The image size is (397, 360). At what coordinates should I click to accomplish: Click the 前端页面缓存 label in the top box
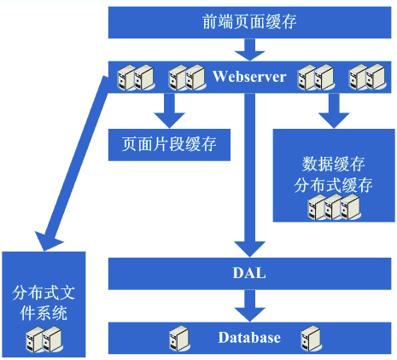(249, 22)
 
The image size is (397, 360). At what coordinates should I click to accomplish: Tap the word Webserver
(249, 77)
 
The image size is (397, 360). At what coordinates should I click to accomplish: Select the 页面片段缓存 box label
(169, 144)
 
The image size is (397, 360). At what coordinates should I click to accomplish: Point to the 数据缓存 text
(333, 164)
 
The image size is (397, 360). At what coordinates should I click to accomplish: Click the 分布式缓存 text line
(333, 185)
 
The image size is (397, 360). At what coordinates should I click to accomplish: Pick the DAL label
(249, 273)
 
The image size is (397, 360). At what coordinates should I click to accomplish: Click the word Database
(249, 338)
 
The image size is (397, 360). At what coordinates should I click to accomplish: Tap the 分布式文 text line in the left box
(44, 293)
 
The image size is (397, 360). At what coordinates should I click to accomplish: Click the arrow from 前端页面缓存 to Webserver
(249, 49)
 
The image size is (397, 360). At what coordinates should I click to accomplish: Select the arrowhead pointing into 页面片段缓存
(169, 120)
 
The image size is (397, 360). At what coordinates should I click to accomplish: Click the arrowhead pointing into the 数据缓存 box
(334, 120)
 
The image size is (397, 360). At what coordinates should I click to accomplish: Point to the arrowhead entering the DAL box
(249, 249)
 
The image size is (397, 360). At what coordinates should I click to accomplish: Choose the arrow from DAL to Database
(249, 305)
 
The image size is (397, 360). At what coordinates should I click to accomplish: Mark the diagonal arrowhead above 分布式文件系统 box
(47, 241)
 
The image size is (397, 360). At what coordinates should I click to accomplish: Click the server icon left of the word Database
(179, 339)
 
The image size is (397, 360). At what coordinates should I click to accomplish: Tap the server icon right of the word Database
(312, 339)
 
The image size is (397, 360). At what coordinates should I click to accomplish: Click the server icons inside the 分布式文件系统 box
(44, 340)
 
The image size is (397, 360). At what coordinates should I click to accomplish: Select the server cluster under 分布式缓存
(334, 207)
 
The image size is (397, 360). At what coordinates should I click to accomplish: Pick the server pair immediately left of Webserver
(187, 78)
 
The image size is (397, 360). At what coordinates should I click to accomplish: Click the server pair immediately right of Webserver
(316, 78)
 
